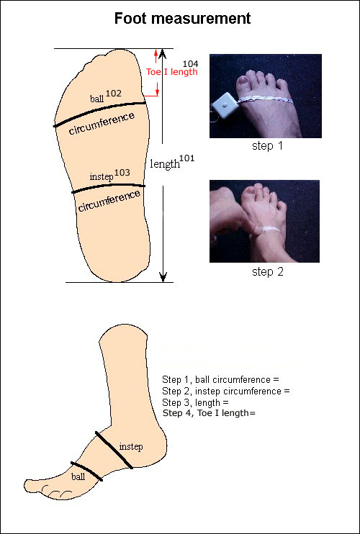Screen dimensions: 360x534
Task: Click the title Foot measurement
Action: (182, 19)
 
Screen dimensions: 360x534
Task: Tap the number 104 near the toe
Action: (191, 63)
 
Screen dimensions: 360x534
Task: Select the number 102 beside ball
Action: (113, 94)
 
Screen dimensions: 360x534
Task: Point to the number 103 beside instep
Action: (122, 173)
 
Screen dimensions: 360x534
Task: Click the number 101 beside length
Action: (187, 159)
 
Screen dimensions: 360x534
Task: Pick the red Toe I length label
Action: (171, 72)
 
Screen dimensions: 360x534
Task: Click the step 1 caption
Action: (267, 146)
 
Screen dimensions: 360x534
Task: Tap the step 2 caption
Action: (267, 272)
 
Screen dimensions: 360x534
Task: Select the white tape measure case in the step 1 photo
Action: (225, 106)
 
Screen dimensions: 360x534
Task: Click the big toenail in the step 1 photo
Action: (244, 81)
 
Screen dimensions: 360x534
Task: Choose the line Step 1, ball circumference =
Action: (220, 380)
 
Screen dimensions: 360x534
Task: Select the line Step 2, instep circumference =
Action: (226, 392)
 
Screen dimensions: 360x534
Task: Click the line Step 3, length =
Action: (195, 402)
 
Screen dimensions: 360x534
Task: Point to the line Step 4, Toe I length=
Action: (209, 413)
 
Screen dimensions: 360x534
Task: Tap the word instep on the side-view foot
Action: (131, 447)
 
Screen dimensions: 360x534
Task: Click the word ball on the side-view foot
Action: (78, 476)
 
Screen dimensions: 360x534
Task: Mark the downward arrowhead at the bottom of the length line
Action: (163, 277)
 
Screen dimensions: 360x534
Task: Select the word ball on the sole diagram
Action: (96, 99)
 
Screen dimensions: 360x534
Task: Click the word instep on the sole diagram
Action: (102, 178)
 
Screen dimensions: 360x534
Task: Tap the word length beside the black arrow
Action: (164, 164)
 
